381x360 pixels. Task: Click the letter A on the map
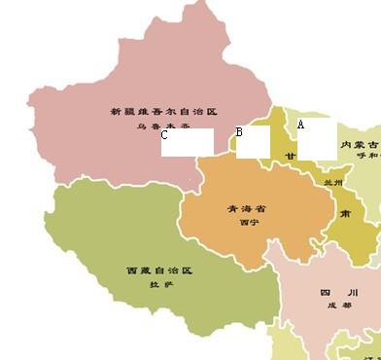(x=301, y=125)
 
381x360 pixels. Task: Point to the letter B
(x=239, y=132)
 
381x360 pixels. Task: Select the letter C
(x=165, y=136)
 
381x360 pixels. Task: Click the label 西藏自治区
(x=160, y=270)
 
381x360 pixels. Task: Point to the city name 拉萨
(x=159, y=284)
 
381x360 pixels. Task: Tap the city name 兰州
(x=334, y=182)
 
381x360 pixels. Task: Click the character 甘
(x=290, y=156)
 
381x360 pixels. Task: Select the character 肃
(x=345, y=214)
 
